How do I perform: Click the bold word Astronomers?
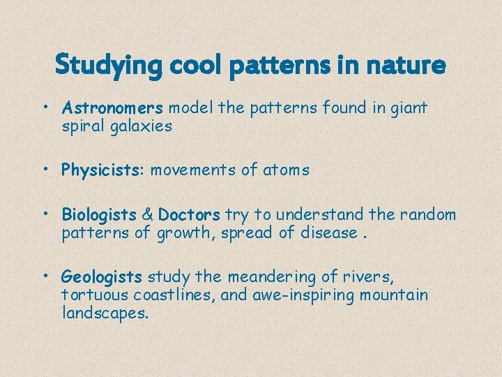(x=112, y=108)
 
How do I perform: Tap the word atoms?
(x=286, y=170)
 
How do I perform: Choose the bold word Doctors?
(x=189, y=214)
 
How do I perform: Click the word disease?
(x=328, y=232)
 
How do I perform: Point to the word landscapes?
(x=105, y=313)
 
